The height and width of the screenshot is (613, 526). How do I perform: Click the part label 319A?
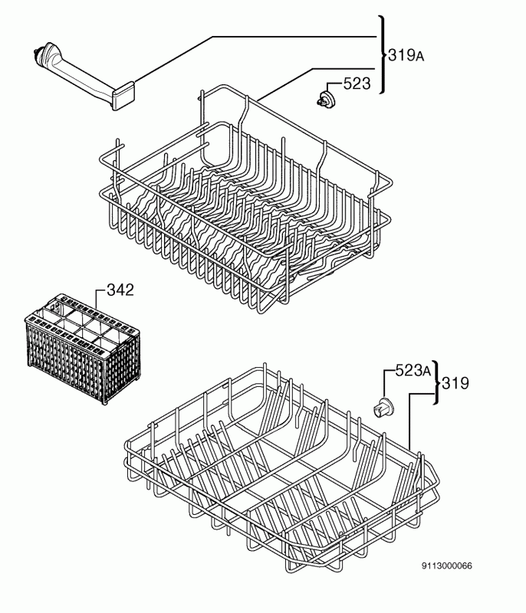[406, 55]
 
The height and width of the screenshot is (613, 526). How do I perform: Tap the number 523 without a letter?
[357, 84]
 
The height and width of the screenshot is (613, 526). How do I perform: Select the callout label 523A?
[413, 370]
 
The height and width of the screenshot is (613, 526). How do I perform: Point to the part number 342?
[120, 290]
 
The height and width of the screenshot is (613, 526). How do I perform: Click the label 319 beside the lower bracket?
[455, 383]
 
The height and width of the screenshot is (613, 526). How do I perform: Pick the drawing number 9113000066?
[446, 565]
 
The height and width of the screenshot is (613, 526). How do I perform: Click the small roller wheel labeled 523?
[325, 98]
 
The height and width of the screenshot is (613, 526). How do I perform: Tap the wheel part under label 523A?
[383, 408]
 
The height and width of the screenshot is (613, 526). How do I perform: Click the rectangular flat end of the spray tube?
[123, 95]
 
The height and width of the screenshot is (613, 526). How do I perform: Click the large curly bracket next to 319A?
[382, 54]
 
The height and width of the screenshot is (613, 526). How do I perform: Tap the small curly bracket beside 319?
[437, 382]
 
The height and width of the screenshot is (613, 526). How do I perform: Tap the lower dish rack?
[281, 467]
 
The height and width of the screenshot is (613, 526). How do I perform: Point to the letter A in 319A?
[419, 57]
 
